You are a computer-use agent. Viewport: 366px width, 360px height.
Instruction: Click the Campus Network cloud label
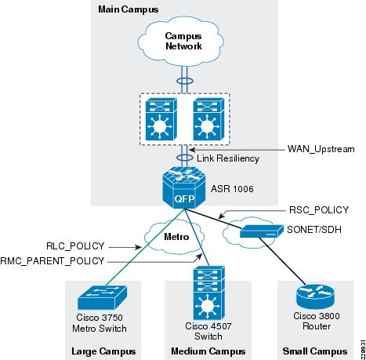(183, 41)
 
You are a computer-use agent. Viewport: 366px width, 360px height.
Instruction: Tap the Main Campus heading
(129, 9)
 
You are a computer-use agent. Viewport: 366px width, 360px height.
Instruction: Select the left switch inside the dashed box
(161, 119)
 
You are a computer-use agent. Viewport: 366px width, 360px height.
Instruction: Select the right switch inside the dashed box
(208, 119)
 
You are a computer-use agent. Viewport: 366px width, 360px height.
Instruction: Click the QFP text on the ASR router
(184, 199)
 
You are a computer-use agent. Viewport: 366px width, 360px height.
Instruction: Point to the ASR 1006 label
(232, 189)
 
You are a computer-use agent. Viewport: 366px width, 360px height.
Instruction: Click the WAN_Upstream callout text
(321, 149)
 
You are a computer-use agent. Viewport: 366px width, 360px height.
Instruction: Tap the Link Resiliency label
(228, 158)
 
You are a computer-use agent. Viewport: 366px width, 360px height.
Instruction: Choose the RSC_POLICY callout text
(319, 210)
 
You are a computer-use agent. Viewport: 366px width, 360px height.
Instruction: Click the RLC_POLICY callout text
(75, 246)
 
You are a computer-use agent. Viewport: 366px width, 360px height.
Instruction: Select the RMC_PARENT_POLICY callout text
(53, 261)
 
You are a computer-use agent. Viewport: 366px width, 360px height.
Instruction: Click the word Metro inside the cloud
(176, 237)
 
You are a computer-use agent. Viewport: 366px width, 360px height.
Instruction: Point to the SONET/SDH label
(314, 230)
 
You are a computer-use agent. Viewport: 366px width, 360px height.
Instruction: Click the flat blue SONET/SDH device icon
(262, 231)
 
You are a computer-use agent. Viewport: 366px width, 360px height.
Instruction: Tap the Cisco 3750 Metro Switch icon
(103, 297)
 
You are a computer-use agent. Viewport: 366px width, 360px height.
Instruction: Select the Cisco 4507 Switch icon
(208, 293)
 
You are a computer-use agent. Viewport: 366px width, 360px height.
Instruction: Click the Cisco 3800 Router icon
(315, 296)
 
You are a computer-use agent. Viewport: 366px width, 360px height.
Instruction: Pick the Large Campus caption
(103, 351)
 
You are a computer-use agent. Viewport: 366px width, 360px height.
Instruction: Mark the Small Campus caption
(315, 351)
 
